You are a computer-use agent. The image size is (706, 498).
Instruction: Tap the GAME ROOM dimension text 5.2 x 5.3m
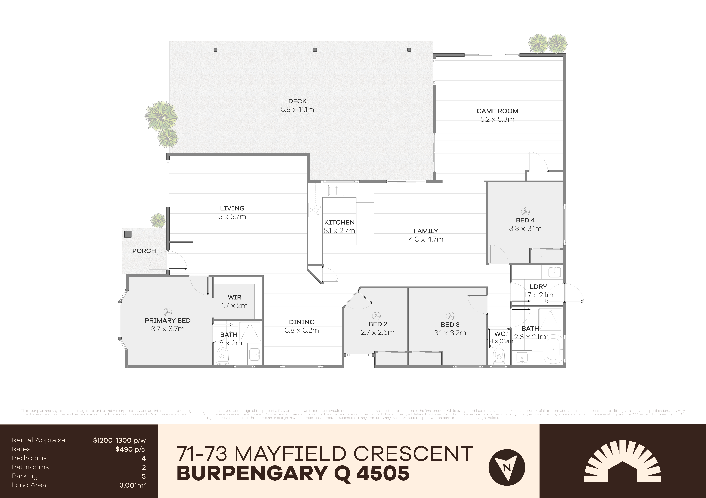[x=497, y=119]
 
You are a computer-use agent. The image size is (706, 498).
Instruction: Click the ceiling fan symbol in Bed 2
[x=377, y=316]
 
